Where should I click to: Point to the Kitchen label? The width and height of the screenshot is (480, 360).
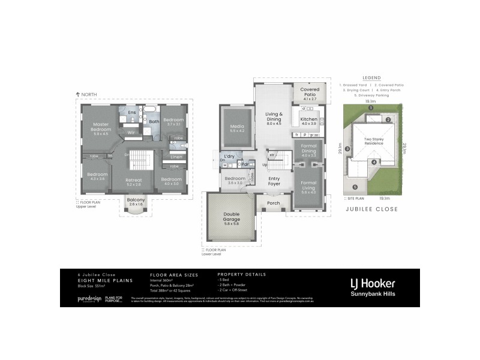point(308,119)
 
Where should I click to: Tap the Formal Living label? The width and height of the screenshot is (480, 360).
point(308,185)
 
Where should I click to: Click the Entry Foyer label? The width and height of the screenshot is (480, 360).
point(274,182)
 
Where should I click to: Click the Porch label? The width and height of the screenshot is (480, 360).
point(273,203)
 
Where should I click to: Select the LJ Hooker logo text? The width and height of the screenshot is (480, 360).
point(373,282)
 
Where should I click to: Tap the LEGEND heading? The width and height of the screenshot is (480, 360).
point(371,78)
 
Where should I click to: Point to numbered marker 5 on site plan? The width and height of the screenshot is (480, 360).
point(355,187)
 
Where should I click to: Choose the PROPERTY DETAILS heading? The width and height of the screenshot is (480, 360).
point(241,274)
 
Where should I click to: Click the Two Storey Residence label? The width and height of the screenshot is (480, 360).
point(373,142)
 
